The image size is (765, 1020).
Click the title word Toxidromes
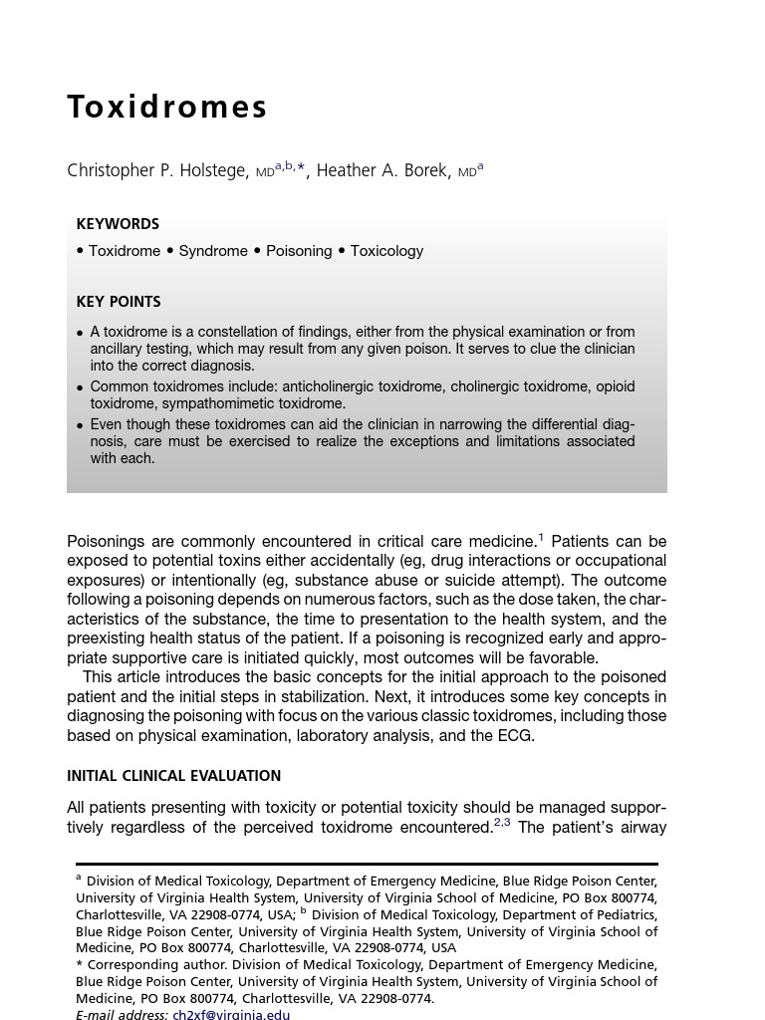pyautogui.click(x=167, y=108)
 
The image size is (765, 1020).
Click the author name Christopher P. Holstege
pyautogui.click(x=157, y=170)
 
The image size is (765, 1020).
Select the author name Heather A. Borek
pyautogui.click(x=382, y=170)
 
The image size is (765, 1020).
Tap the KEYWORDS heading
pyautogui.click(x=118, y=224)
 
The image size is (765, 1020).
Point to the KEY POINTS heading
pyautogui.click(x=119, y=302)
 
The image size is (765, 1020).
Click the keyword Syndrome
pyautogui.click(x=213, y=251)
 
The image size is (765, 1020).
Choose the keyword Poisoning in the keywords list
pyautogui.click(x=299, y=251)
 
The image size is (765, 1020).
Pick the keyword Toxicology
pyautogui.click(x=386, y=251)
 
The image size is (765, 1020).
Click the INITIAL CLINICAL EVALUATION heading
pyautogui.click(x=173, y=776)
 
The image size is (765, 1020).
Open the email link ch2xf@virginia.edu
pyautogui.click(x=231, y=1014)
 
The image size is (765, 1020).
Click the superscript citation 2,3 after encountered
pyautogui.click(x=502, y=823)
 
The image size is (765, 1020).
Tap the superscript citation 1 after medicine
pyautogui.click(x=541, y=538)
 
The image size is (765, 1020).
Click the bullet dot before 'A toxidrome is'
pyautogui.click(x=81, y=333)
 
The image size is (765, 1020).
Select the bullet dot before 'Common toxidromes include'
pyautogui.click(x=81, y=387)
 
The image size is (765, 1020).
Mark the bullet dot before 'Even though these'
pyautogui.click(x=81, y=425)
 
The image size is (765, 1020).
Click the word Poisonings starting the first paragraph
pyautogui.click(x=106, y=542)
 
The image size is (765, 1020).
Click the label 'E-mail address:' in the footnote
pyautogui.click(x=122, y=1014)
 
